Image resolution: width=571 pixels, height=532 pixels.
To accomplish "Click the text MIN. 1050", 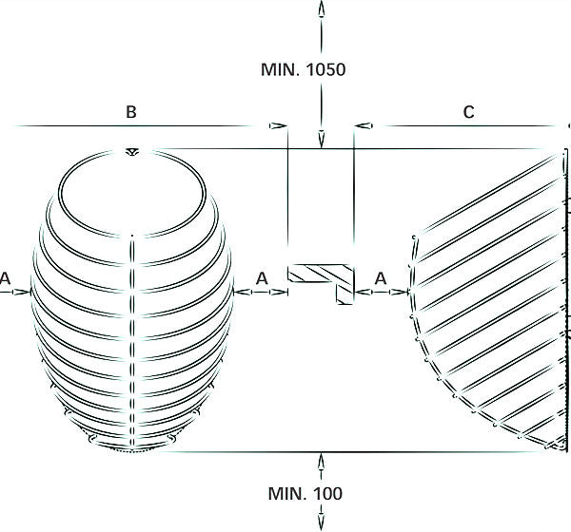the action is [303, 69].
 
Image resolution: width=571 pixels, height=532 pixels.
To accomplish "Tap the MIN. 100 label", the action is [305, 493].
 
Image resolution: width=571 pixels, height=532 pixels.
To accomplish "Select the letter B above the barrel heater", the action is [131, 112].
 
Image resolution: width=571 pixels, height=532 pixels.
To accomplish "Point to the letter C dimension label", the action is [468, 112].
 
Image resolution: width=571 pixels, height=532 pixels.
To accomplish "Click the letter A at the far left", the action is [5, 278].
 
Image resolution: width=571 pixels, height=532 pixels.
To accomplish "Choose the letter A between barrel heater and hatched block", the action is [262, 278].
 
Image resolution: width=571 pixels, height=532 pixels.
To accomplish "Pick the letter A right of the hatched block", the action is [381, 278].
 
